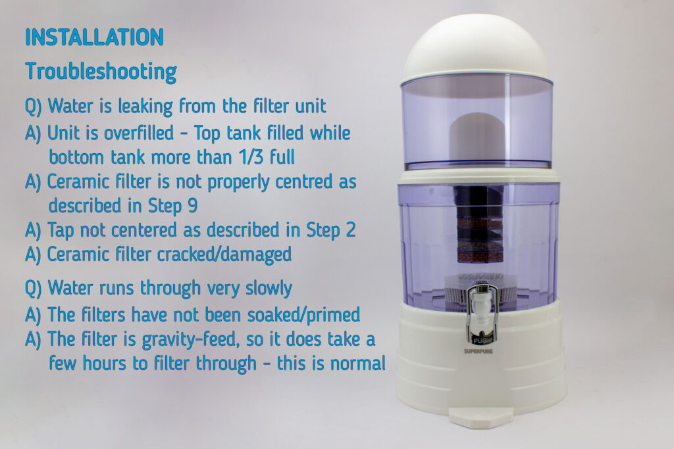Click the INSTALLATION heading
[x=94, y=37]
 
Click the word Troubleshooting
[x=101, y=72]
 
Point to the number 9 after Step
[x=193, y=205]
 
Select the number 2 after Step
[x=350, y=229]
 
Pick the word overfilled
[x=138, y=133]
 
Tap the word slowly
[x=269, y=289]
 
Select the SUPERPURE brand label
[x=478, y=351]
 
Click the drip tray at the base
[x=480, y=416]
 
